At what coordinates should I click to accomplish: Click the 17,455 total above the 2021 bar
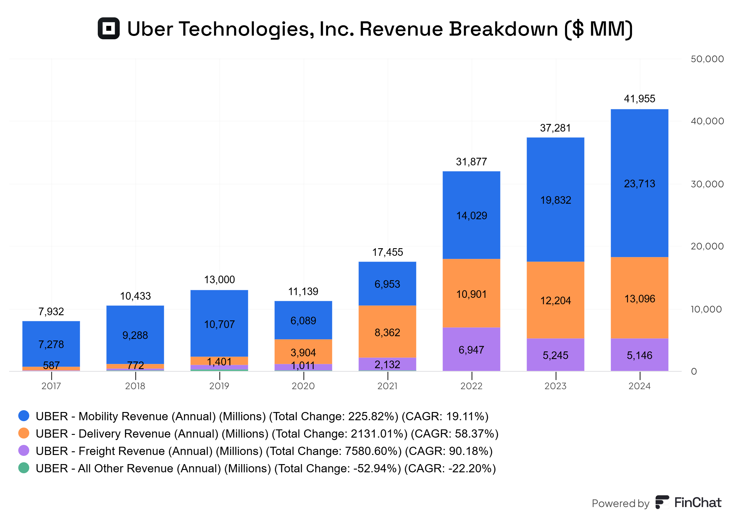pos(387,252)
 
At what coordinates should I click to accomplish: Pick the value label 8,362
pos(387,332)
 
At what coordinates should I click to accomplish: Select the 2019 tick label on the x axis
pos(219,386)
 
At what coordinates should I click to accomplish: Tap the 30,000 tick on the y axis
pos(707,184)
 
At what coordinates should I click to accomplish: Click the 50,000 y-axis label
pos(707,59)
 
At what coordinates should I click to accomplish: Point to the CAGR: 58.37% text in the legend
pos(454,433)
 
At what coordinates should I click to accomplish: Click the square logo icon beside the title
pos(108,28)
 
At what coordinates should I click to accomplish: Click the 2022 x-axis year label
pos(471,386)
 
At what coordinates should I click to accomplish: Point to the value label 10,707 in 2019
pos(219,324)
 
